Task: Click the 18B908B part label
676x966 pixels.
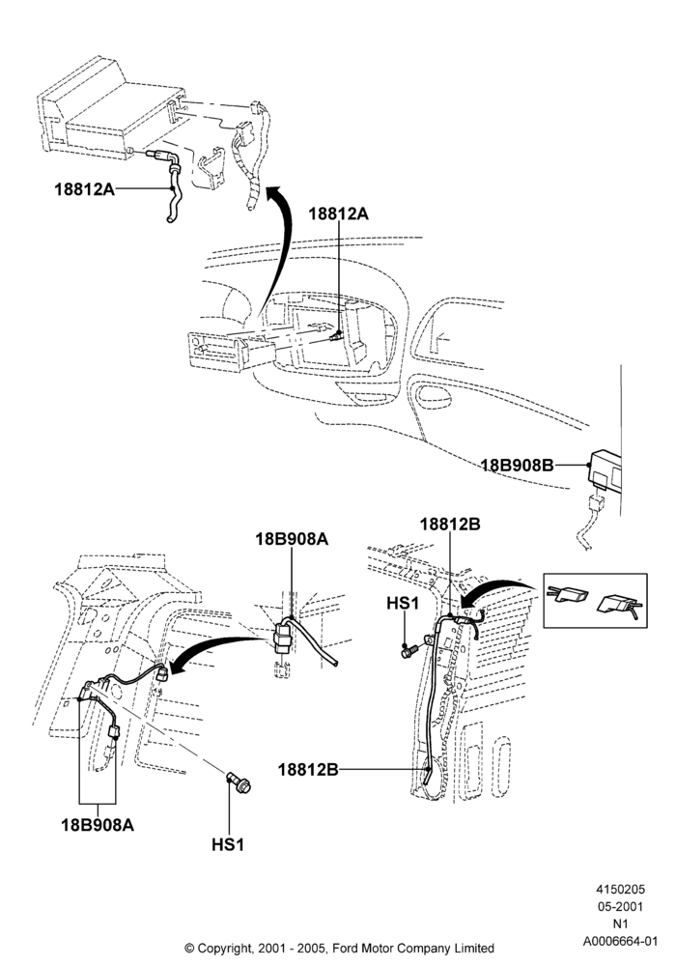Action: click(517, 466)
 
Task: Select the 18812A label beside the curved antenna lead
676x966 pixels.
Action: click(84, 188)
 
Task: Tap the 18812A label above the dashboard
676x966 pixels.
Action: click(338, 213)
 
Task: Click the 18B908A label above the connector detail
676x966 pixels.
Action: click(292, 539)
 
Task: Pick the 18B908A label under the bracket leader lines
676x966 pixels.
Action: click(98, 824)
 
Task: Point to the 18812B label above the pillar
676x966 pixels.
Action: click(450, 525)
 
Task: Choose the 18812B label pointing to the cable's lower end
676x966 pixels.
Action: click(308, 770)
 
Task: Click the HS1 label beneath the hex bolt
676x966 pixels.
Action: click(228, 844)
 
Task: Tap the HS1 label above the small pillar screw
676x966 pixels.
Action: click(403, 603)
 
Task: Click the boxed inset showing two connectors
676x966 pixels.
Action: click(595, 601)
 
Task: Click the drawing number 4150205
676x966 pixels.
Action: click(620, 889)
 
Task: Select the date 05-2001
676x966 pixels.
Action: click(620, 906)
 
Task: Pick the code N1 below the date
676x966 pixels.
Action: click(620, 923)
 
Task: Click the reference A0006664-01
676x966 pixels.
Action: click(621, 941)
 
